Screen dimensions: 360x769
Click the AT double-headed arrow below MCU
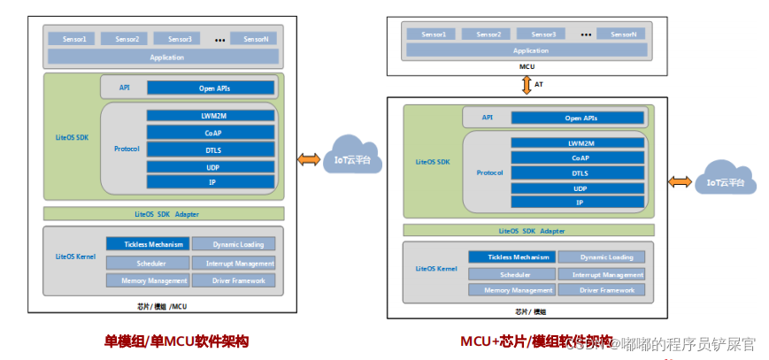[527, 85]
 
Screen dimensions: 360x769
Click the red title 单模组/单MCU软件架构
[177, 340]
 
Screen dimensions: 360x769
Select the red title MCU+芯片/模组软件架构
[536, 340]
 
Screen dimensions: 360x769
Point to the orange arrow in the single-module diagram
[309, 159]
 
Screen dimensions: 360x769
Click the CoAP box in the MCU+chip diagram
[580, 157]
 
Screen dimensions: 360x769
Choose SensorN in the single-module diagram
[253, 39]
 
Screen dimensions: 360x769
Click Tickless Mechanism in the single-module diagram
[149, 244]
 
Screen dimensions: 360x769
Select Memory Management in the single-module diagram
[149, 280]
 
